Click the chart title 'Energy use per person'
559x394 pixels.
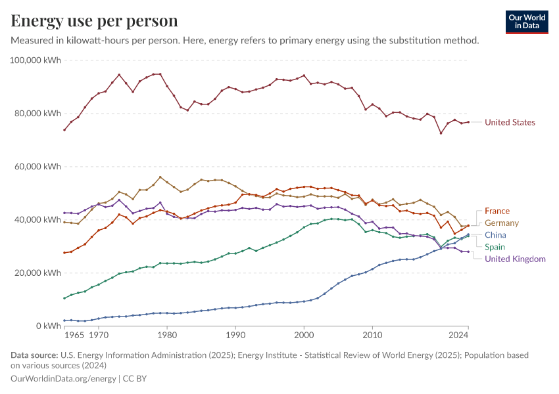94,21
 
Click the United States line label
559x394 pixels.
510,123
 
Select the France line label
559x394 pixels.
497,211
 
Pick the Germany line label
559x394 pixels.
501,223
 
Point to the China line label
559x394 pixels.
495,235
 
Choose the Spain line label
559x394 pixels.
495,247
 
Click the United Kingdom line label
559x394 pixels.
515,259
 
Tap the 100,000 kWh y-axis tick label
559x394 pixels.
36,60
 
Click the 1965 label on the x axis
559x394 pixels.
74,336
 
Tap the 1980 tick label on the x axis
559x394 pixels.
167,336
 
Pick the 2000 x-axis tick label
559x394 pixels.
304,336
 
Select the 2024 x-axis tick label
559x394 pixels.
458,336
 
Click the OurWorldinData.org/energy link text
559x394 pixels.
63,379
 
